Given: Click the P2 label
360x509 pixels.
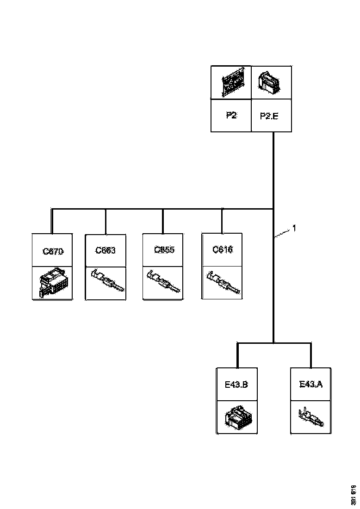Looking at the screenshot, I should tap(231, 116).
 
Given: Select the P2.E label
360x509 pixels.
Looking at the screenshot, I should tap(269, 116).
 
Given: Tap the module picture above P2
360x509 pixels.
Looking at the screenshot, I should tap(230, 82).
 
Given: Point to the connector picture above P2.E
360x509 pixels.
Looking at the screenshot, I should tap(270, 82).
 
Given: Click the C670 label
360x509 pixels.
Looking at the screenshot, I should tap(52, 252).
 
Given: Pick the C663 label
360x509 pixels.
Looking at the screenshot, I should tap(106, 251).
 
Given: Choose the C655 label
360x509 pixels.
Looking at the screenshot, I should tap(164, 250).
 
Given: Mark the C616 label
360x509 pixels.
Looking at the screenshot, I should tap(222, 250).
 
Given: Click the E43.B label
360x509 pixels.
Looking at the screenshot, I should tap(236, 384).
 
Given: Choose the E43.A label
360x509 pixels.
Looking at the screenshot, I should tap(311, 384).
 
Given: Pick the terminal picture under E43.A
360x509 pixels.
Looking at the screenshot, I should tap(310, 417).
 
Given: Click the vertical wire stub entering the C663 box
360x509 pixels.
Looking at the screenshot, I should tap(106, 222).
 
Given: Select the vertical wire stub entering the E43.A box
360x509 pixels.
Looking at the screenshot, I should tap(310, 355).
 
